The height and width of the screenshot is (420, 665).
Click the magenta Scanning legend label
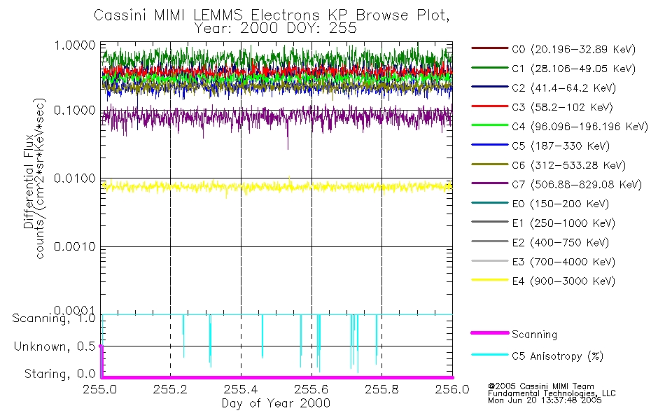pos(534,335)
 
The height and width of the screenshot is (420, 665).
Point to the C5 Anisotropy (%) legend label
pos(557,356)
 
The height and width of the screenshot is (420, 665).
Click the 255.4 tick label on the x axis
pos(241,390)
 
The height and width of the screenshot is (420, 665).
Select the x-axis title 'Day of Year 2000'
pos(276,403)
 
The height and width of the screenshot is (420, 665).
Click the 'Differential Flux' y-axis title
pos(29,185)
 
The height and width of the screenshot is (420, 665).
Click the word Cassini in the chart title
pos(118,16)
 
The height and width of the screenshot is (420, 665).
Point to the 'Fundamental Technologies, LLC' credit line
pos(552,393)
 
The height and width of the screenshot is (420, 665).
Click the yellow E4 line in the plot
pos(280,187)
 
